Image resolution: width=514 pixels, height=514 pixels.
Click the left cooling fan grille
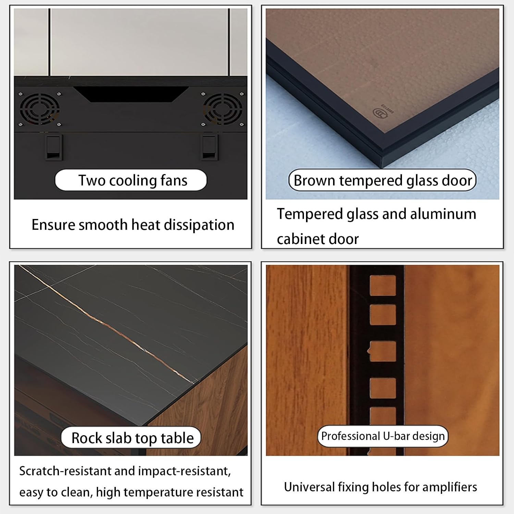[x=39, y=109]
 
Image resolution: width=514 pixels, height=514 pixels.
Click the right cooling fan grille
[x=223, y=109]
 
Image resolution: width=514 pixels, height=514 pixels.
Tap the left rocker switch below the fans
[x=54, y=147]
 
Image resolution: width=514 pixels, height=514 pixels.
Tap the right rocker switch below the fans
[x=209, y=147]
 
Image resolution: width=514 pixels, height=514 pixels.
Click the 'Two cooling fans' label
[x=131, y=180]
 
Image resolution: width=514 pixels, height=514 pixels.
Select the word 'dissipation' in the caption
[x=199, y=225]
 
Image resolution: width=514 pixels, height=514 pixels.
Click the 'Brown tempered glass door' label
[x=382, y=180]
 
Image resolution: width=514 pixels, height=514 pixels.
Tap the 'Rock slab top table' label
[x=131, y=438]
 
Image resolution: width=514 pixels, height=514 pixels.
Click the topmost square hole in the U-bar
[x=383, y=285]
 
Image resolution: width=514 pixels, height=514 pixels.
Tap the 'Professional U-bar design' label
[x=383, y=436]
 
